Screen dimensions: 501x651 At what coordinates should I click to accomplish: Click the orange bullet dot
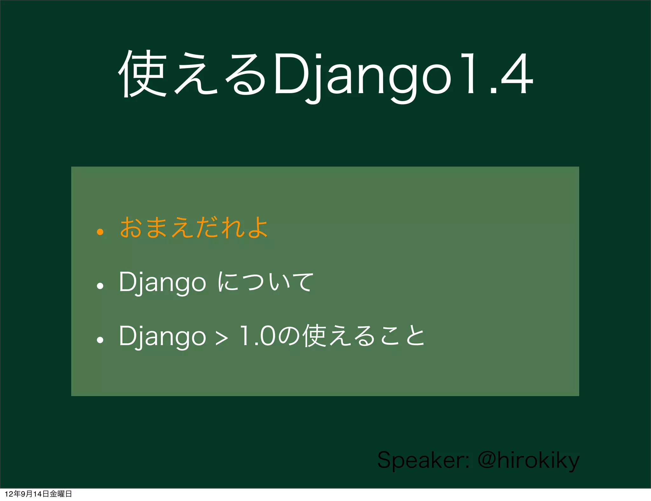(100, 232)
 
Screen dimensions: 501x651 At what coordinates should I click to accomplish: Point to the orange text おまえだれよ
(194, 227)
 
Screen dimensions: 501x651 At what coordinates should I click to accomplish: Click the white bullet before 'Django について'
(100, 286)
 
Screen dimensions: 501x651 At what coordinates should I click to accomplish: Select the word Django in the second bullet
(162, 282)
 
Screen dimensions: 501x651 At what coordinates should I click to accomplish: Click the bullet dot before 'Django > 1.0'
(100, 340)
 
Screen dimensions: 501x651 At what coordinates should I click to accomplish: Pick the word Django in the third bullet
(162, 336)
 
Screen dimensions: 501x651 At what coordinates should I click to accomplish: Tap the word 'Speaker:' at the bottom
(423, 460)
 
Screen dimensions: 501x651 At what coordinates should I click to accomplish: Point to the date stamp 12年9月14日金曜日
(38, 494)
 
